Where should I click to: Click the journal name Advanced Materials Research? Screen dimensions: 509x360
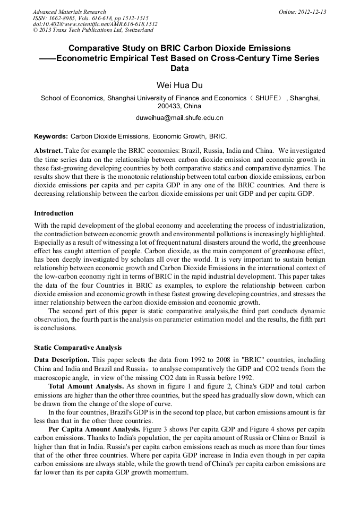click(x=69, y=12)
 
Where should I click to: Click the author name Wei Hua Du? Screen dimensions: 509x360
click(x=179, y=85)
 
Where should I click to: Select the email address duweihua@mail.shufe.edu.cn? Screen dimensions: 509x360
click(x=179, y=117)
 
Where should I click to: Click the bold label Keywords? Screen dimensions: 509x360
click(x=51, y=136)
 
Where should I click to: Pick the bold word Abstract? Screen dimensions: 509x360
click(x=49, y=150)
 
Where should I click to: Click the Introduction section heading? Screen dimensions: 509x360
click(x=54, y=213)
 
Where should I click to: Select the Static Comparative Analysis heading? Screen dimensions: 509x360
click(x=78, y=348)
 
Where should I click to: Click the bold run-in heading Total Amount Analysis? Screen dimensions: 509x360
click(x=86, y=386)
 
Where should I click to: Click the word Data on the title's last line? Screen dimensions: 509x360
click(x=179, y=68)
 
